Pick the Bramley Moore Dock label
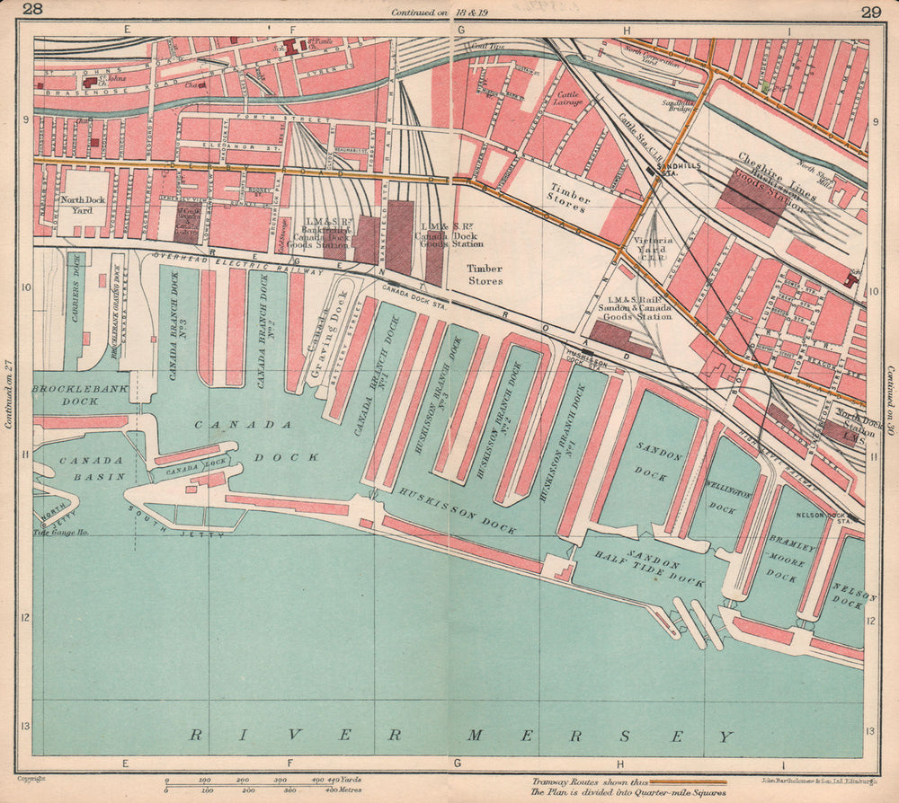781,560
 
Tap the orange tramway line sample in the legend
688,782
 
